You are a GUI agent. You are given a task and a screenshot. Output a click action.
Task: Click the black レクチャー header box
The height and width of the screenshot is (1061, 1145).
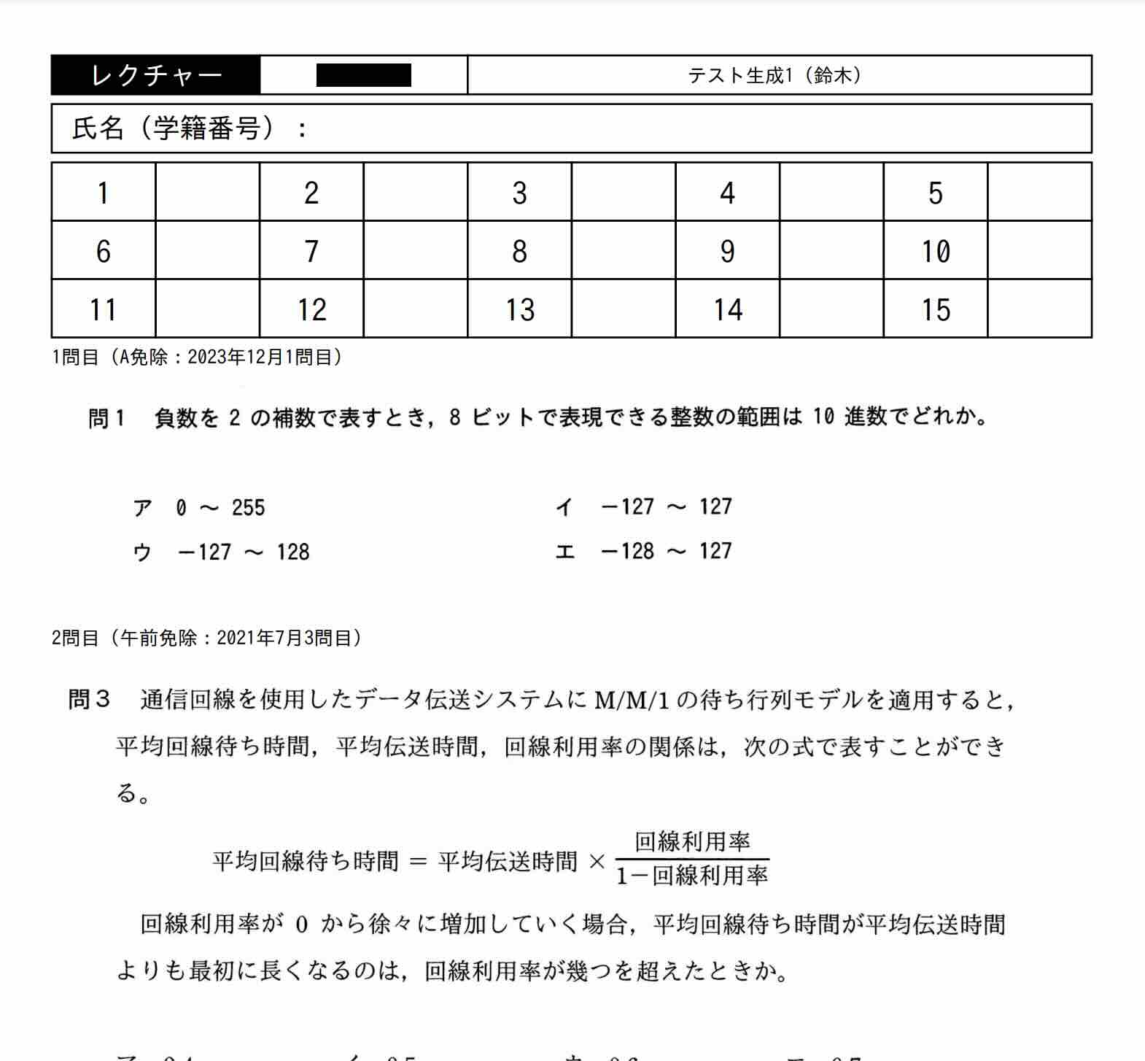pos(155,75)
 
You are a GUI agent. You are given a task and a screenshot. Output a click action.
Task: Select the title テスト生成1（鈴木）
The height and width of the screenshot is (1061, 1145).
pos(775,75)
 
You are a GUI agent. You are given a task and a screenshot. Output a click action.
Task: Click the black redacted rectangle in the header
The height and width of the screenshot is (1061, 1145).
pos(363,75)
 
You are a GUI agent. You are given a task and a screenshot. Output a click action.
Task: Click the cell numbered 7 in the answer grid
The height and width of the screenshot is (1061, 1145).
pos(311,251)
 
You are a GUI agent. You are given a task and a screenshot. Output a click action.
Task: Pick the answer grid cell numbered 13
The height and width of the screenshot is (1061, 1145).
pos(520,309)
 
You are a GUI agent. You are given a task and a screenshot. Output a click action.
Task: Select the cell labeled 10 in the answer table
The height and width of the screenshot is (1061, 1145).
pos(935,251)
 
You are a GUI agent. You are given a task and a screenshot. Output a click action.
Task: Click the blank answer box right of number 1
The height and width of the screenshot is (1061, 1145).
pos(207,193)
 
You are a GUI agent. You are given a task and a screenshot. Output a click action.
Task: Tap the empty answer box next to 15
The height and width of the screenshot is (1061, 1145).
pos(1039,309)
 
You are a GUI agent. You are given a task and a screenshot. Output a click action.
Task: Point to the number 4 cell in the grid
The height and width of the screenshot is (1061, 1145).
pos(727,193)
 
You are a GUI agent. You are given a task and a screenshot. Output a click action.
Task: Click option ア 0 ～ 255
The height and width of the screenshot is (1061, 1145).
pos(199,508)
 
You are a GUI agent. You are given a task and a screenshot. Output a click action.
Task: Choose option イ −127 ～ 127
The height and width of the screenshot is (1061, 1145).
pos(643,507)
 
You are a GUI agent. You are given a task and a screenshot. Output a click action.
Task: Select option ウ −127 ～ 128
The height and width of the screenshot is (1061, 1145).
pos(222,552)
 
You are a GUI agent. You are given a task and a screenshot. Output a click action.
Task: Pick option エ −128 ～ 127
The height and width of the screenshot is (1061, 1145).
pos(643,551)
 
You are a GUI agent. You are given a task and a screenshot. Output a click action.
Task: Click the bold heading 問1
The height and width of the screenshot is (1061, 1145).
pos(106,418)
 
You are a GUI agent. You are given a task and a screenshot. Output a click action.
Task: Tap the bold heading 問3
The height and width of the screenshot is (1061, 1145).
pos(88,699)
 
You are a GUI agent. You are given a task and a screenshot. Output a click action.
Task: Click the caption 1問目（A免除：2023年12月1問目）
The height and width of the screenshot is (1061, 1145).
pos(197,357)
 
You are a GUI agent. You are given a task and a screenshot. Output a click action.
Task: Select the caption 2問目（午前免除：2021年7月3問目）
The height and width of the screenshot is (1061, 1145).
pos(206,638)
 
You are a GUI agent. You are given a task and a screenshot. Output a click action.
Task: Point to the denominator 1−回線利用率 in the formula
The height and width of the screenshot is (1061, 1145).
pos(692,875)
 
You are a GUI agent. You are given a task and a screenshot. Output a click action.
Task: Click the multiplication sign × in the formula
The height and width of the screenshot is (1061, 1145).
pos(597,862)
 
